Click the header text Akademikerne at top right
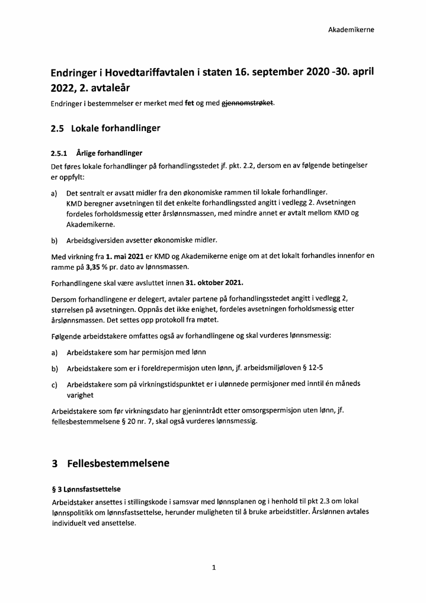point(351,29)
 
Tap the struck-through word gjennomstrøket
point(247,103)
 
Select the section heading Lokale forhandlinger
point(116,128)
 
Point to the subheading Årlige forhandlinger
point(109,153)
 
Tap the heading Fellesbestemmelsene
point(118,462)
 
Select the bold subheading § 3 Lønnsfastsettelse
point(86,489)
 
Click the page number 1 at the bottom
point(213,567)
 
